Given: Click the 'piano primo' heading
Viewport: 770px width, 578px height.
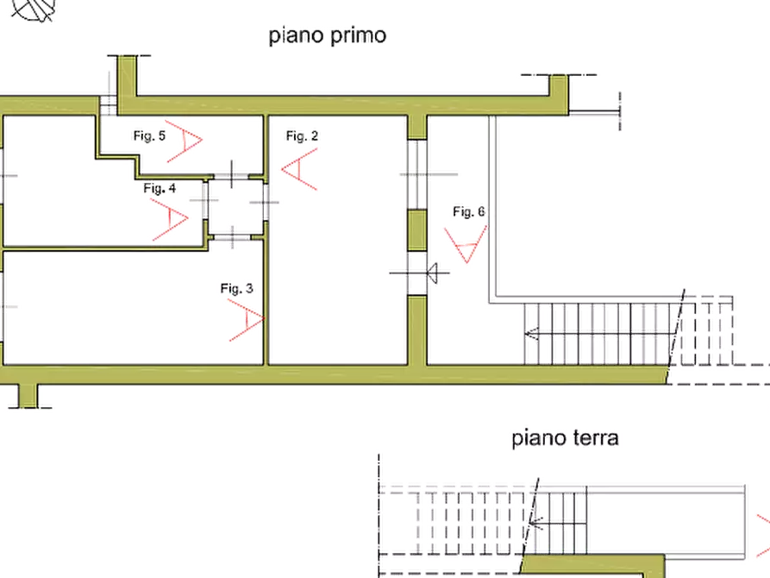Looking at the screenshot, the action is (328, 36).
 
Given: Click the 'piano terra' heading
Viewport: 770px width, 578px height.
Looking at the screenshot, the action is (565, 437).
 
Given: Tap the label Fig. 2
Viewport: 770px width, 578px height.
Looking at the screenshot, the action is (302, 135).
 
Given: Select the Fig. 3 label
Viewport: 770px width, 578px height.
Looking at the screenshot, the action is (237, 288).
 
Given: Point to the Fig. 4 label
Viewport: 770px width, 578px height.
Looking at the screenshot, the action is (160, 188).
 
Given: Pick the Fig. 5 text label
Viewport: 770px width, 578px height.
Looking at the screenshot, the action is (149, 135).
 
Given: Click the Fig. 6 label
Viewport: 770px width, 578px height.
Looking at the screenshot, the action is (469, 211).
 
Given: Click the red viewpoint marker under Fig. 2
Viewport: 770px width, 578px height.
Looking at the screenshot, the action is (299, 169).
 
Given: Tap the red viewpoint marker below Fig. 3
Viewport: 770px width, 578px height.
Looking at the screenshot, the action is (247, 320).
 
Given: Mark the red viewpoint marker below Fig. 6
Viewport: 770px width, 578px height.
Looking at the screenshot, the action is (466, 244).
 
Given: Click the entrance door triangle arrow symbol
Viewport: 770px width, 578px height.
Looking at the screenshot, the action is (432, 273).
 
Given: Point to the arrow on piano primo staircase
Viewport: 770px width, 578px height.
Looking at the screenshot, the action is (531, 334).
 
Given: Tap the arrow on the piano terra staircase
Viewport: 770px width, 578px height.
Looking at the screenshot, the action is (535, 522).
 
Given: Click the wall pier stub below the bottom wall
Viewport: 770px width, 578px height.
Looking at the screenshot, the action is (28, 396).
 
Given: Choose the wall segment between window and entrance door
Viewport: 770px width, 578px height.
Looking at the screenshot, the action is (417, 230).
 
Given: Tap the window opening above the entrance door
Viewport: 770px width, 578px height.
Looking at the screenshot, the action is (417, 174).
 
